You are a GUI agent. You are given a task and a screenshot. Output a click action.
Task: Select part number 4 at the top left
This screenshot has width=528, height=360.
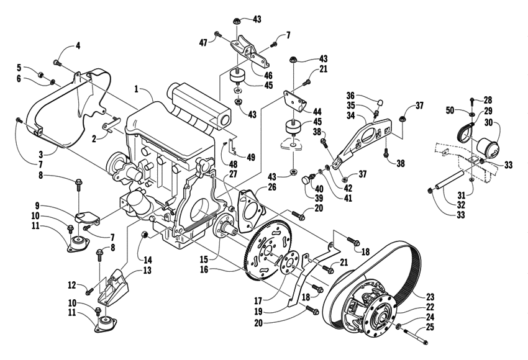point(78,45)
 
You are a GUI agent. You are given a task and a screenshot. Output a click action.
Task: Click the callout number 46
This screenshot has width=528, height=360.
point(268,75)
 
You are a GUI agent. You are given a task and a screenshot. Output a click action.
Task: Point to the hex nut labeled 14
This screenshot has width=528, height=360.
point(144,235)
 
